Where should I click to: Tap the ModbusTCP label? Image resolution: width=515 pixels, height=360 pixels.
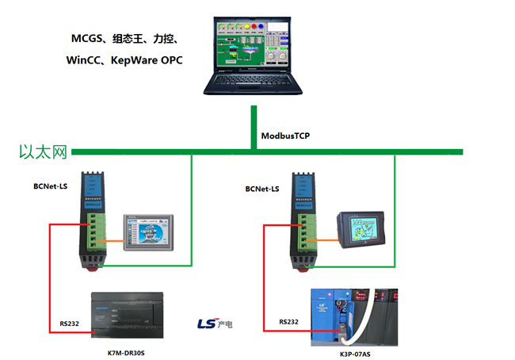tap(285, 136)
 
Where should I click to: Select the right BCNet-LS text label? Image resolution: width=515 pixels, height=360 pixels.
tap(261, 189)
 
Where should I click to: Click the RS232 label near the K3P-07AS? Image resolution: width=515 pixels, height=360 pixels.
tap(288, 322)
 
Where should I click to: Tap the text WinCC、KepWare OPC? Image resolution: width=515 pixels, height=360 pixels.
tap(124, 59)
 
